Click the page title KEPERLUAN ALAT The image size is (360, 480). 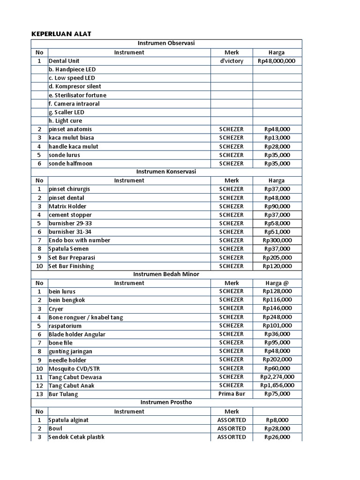tap(61, 34)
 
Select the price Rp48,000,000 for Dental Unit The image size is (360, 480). tap(277, 61)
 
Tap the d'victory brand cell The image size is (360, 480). tap(232, 61)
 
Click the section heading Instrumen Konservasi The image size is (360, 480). tap(166, 172)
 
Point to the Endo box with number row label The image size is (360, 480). tap(79, 240)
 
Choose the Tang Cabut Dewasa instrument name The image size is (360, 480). tap(75, 377)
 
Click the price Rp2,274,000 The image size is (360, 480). tap(277, 377)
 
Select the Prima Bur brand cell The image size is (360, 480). tap(232, 394)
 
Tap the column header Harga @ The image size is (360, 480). tap(277, 283)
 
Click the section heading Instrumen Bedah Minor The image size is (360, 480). tap(166, 274)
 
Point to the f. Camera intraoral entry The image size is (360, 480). tap(74, 104)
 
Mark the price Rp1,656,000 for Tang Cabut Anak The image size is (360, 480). tap(277, 386)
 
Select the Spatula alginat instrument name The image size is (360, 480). tap(68, 420)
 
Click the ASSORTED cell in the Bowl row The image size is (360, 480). tap(232, 428)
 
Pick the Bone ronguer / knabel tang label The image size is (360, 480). tap(86, 317)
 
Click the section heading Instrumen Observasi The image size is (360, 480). tap(166, 44)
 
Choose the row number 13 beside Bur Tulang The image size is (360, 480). tap(39, 394)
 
